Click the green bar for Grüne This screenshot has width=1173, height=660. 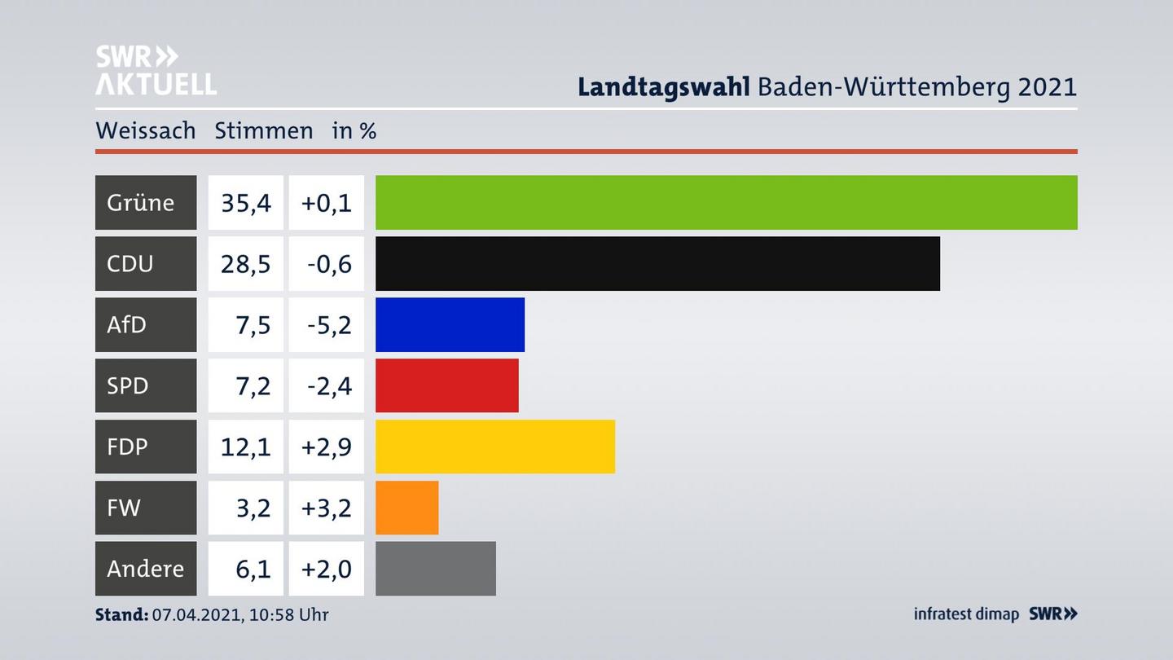coord(726,202)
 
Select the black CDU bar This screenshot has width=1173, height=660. coord(657,263)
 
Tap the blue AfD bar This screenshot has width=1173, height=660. coord(450,324)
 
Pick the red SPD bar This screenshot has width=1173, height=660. coord(446,385)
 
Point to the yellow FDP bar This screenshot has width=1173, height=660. coord(494,447)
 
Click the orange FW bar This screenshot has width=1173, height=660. coord(406,508)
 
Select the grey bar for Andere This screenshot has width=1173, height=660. coord(435,569)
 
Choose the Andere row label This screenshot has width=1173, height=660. coord(145,569)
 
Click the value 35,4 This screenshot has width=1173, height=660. coord(245,202)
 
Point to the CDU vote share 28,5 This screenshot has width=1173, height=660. coord(245,263)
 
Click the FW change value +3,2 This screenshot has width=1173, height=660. coord(327,508)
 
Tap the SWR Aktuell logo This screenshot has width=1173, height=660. coord(156,70)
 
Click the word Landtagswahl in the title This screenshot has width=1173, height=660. coord(663,86)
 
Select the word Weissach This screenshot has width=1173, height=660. coord(145,130)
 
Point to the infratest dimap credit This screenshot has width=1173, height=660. coord(966,614)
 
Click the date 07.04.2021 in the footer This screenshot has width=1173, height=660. coord(195,614)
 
